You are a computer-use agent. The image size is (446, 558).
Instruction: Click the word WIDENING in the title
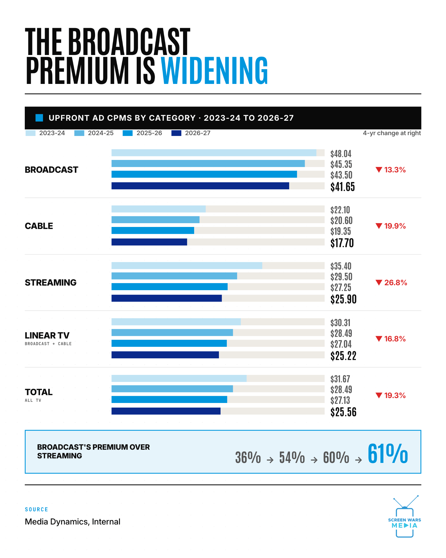[x=215, y=71]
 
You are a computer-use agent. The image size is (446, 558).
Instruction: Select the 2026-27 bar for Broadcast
[x=200, y=186]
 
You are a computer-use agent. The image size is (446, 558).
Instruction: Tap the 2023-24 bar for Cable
[x=158, y=209]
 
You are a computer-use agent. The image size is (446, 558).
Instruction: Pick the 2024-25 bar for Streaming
[x=174, y=276]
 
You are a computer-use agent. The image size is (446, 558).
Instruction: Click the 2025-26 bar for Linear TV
[x=169, y=343]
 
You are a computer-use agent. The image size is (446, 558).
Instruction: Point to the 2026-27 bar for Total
[x=166, y=411]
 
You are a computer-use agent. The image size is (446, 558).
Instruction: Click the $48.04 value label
[x=341, y=154]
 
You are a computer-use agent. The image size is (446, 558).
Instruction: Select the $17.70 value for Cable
[x=342, y=243]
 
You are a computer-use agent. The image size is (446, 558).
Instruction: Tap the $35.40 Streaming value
[x=341, y=266]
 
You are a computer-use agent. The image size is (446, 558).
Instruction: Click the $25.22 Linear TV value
[x=343, y=356]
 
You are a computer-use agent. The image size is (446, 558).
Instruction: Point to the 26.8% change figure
[x=396, y=283]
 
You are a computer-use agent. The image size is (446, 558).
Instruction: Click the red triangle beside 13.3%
[x=379, y=170]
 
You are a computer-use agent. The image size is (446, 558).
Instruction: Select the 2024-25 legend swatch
[x=79, y=133]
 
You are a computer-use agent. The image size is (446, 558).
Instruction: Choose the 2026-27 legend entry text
[x=198, y=133]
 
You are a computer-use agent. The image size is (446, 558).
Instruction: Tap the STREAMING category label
[x=51, y=283]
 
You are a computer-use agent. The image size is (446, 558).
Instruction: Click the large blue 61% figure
[x=388, y=454]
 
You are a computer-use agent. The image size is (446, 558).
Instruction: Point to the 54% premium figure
[x=292, y=457]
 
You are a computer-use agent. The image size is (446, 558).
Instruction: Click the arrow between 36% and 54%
[x=270, y=460]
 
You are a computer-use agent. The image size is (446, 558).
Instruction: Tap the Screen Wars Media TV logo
[x=405, y=517]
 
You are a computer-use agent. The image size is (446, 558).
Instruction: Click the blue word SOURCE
[x=36, y=510]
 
